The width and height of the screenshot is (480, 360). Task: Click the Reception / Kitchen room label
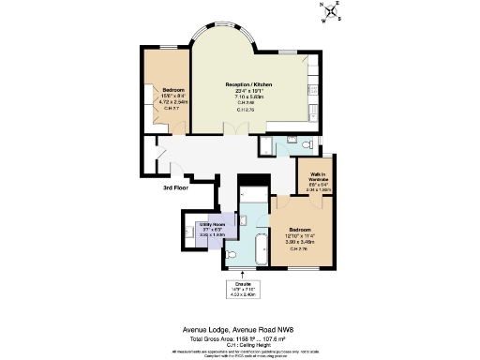[248, 85]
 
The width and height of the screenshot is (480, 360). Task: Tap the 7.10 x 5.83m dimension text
[248, 97]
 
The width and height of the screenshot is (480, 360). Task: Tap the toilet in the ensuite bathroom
[246, 217]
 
